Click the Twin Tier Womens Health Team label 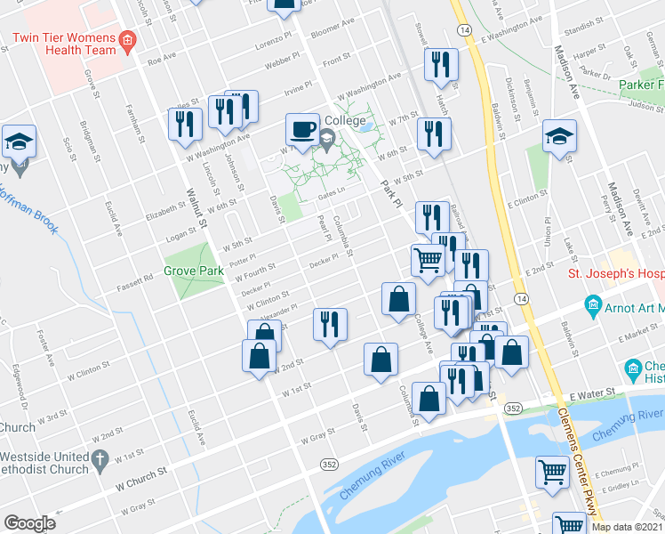[x=64, y=44]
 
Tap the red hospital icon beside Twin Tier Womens [x=127, y=40]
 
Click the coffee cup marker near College [x=302, y=130]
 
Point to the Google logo [x=29, y=523]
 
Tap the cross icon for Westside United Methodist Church [x=100, y=460]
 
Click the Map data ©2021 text [x=626, y=527]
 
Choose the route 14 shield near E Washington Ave [x=464, y=29]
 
